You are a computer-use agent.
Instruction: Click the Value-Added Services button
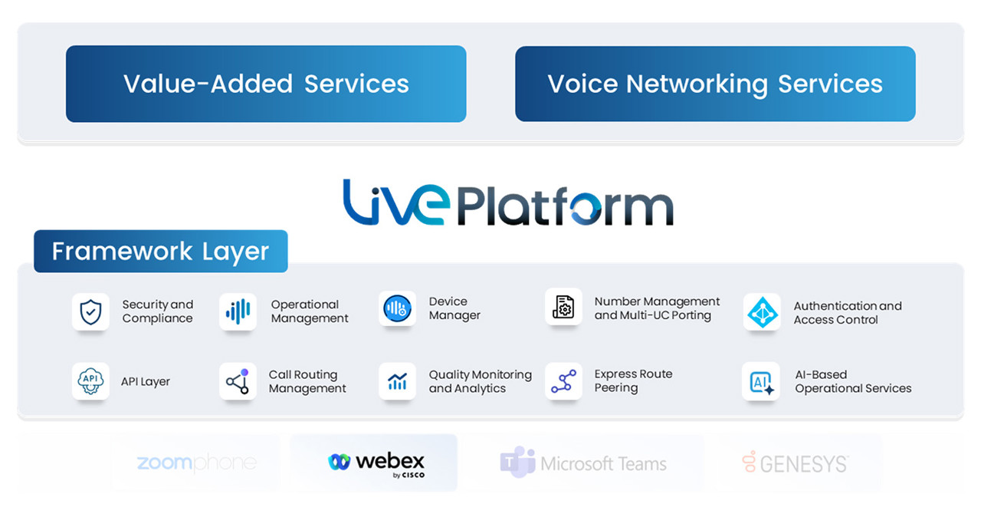tap(266, 84)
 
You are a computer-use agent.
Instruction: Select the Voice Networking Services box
tap(715, 84)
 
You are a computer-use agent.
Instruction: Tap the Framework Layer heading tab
tap(160, 251)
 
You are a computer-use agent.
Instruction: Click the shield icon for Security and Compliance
tap(90, 311)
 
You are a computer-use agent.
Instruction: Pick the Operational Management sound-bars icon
tap(238, 311)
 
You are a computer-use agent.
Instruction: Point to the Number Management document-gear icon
tap(563, 308)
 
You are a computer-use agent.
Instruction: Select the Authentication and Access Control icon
tap(762, 312)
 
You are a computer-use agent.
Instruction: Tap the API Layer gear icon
tap(90, 381)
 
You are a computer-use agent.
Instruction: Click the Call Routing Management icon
tap(238, 381)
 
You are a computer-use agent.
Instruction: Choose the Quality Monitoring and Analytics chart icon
tap(397, 381)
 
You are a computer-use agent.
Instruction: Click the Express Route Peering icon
tap(563, 381)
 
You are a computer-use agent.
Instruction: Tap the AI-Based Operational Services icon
tap(761, 381)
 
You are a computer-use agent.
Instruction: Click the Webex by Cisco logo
tap(376, 463)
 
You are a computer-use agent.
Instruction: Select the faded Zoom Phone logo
tap(196, 463)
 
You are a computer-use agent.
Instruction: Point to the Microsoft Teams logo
tap(584, 463)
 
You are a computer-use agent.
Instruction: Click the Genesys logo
tap(796, 463)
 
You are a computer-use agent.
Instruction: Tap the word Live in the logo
tap(393, 203)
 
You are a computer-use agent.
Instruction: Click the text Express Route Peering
tap(633, 381)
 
